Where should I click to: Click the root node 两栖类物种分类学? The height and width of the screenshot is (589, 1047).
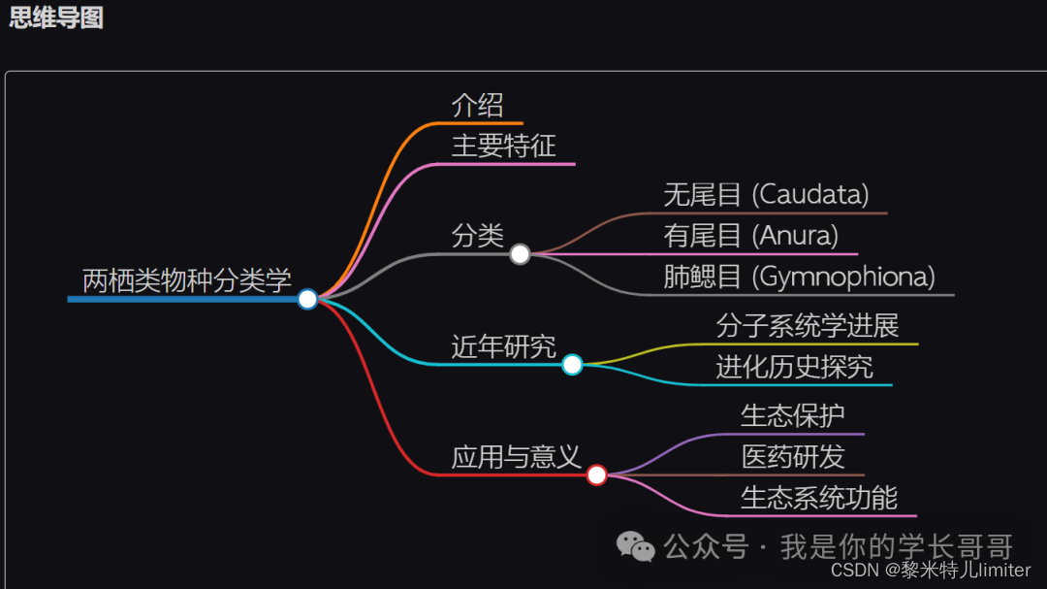[187, 280]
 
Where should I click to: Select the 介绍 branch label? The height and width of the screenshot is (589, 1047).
[478, 105]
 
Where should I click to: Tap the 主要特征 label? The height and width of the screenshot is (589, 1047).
[504, 146]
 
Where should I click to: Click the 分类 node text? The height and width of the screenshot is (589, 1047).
[478, 235]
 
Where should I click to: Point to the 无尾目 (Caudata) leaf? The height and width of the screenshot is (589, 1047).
[766, 194]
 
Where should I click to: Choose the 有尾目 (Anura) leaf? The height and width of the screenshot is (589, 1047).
[750, 235]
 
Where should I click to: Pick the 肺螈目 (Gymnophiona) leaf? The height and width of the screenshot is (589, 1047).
[799, 277]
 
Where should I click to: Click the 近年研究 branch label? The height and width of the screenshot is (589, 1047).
[504, 345]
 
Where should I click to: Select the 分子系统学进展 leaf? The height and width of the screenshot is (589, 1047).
[808, 326]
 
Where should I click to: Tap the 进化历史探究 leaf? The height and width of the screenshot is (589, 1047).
[794, 367]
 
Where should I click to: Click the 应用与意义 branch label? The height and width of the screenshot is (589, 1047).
[517, 456]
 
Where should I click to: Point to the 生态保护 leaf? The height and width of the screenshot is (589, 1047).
[793, 415]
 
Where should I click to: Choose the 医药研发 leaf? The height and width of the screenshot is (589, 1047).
[793, 456]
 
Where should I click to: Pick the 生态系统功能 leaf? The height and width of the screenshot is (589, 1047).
[819, 498]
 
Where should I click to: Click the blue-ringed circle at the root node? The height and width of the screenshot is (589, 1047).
[307, 299]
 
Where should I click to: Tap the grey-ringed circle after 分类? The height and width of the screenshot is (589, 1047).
[520, 254]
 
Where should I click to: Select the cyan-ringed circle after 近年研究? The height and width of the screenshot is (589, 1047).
[572, 365]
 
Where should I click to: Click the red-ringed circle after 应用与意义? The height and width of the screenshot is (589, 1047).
[597, 474]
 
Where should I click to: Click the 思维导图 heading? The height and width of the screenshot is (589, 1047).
[56, 17]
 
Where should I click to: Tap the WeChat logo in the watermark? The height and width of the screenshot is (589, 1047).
[637, 547]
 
